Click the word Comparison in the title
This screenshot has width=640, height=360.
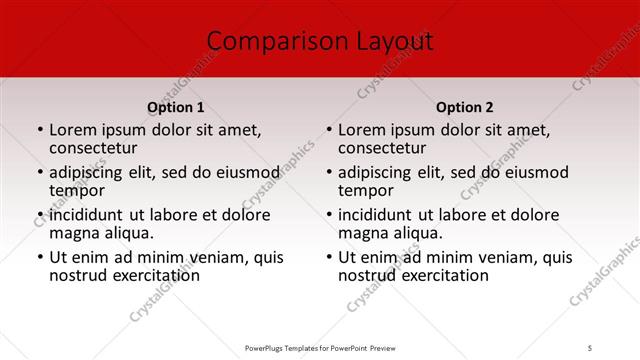pyautogui.click(x=266, y=41)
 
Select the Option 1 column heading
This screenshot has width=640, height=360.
pyautogui.click(x=175, y=107)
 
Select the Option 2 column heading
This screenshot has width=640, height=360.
pyautogui.click(x=464, y=107)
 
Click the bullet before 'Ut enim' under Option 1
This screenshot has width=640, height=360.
pyautogui.click(x=39, y=257)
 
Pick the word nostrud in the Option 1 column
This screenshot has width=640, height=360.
pyautogui.click(x=76, y=275)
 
